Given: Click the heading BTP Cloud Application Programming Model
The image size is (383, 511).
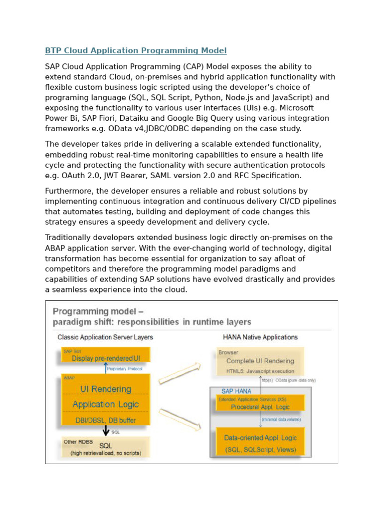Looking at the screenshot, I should click(x=136, y=50).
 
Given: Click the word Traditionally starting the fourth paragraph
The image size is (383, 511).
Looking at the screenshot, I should click(x=68, y=238).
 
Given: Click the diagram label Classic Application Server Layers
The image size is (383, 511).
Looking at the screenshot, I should click(x=105, y=337).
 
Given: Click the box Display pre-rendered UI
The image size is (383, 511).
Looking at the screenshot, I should click(x=106, y=358).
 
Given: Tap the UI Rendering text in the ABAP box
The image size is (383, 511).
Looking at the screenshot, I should click(x=106, y=389).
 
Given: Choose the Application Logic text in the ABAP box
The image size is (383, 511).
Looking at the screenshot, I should click(x=106, y=404).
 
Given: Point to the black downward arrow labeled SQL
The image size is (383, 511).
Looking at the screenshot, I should click(x=106, y=431).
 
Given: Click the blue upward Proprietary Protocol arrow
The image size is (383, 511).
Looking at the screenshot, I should click(x=105, y=368).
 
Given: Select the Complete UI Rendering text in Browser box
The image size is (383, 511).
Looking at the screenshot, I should click(x=260, y=361).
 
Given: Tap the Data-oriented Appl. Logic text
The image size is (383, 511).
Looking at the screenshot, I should click(x=260, y=438).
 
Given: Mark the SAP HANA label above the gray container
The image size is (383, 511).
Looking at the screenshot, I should click(x=233, y=391).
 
